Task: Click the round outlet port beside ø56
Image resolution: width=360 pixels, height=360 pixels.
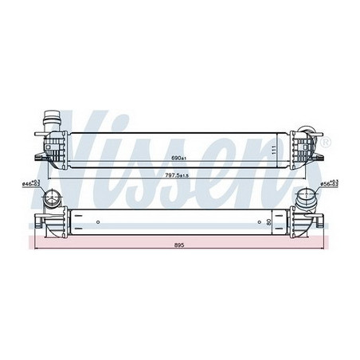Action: pyautogui.click(x=306, y=199)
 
